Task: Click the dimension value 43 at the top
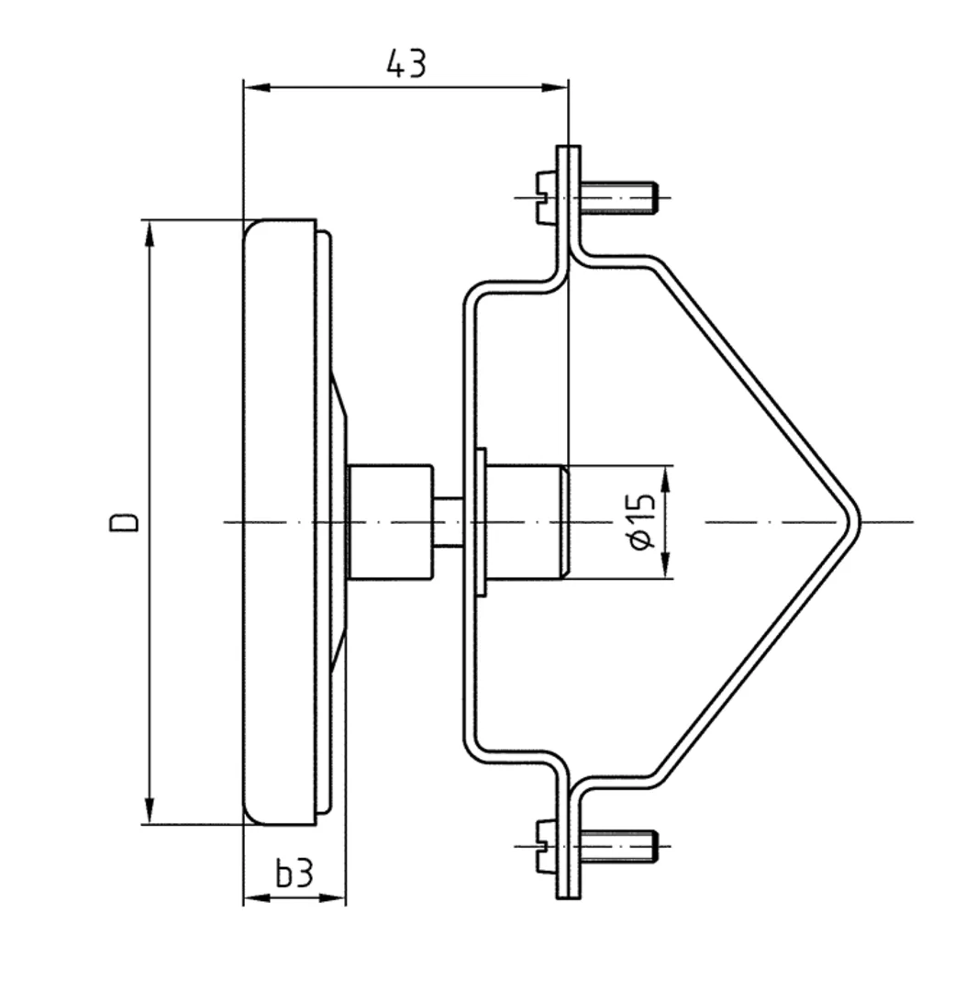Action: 405,64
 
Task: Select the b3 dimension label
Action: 294,874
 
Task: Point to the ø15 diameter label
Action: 642,522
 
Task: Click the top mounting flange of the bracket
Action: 569,197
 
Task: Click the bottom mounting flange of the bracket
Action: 569,844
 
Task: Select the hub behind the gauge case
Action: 390,522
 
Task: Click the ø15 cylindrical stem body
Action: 523,522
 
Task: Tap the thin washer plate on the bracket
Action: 481,522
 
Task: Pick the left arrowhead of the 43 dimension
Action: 255,87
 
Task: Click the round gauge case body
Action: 280,522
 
